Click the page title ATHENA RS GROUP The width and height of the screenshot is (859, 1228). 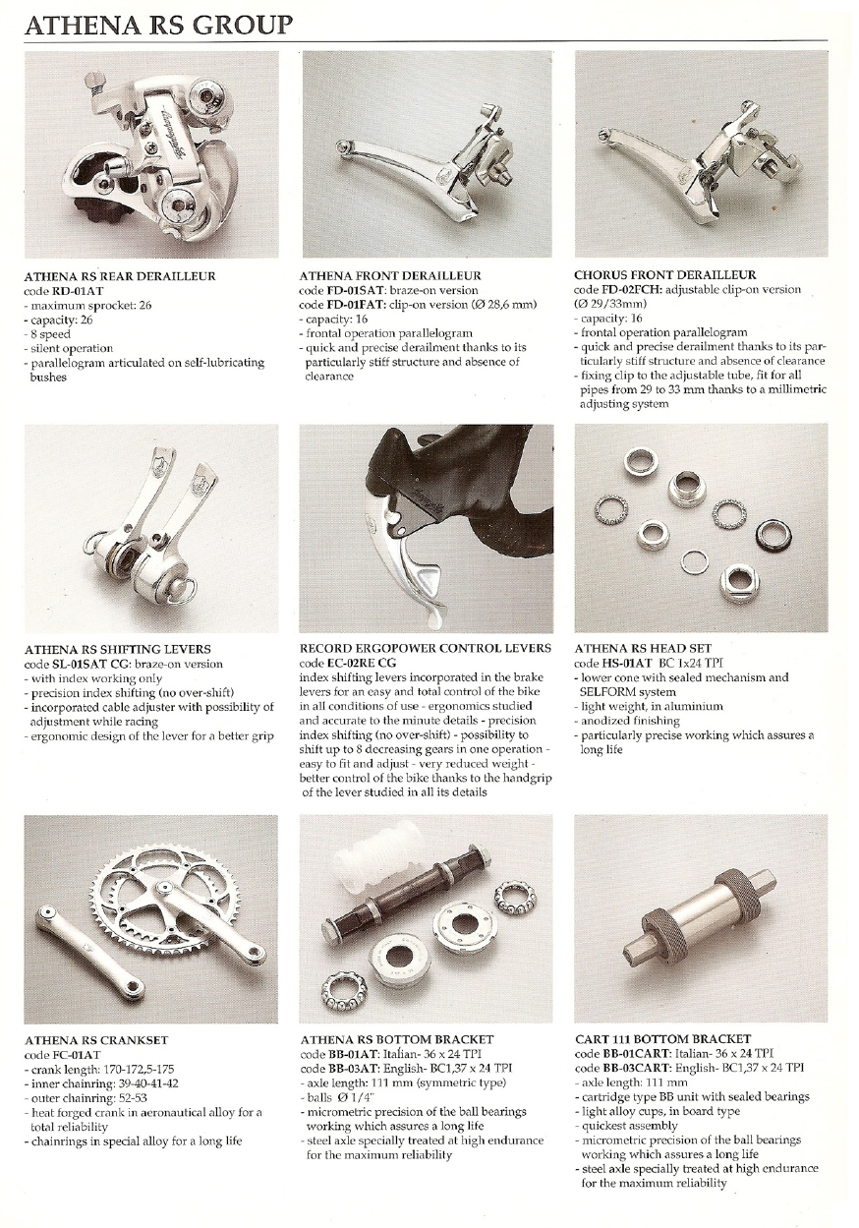coord(158,26)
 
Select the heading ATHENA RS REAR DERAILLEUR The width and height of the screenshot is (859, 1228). coord(120,276)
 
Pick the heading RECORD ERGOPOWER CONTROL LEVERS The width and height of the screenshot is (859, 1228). coord(426,648)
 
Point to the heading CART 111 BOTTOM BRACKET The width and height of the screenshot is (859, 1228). coord(662,1039)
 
